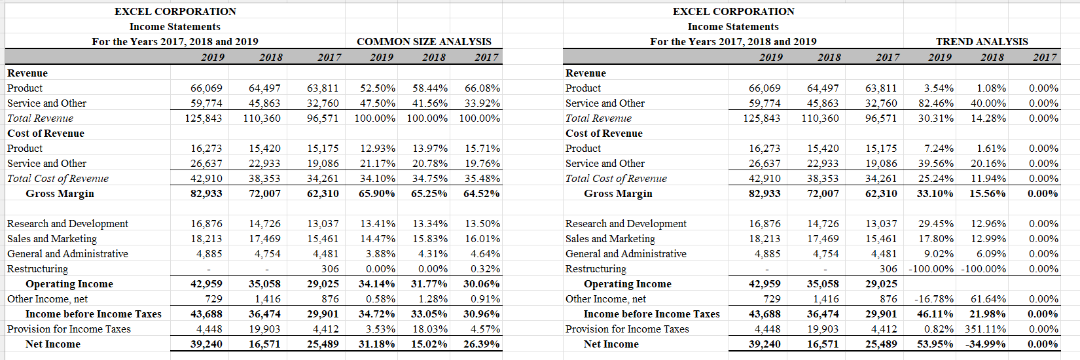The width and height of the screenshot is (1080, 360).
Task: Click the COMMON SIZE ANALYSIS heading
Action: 423,41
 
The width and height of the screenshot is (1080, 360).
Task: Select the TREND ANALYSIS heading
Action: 982,41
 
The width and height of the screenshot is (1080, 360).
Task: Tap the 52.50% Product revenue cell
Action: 378,88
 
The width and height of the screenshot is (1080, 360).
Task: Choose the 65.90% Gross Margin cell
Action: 377,194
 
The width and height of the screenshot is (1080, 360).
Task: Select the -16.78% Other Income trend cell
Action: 934,299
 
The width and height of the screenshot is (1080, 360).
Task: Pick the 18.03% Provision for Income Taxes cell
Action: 430,329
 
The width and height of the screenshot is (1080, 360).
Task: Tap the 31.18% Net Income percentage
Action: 377,344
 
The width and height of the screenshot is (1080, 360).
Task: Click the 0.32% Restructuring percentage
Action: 485,269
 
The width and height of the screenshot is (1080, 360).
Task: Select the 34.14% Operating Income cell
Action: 377,284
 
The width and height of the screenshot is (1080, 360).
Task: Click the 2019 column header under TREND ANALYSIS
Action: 940,57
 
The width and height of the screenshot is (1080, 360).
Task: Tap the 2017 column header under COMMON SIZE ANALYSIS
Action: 486,57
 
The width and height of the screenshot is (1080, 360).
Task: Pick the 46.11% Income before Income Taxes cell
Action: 935,314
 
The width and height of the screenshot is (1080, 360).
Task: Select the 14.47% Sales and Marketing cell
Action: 378,239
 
